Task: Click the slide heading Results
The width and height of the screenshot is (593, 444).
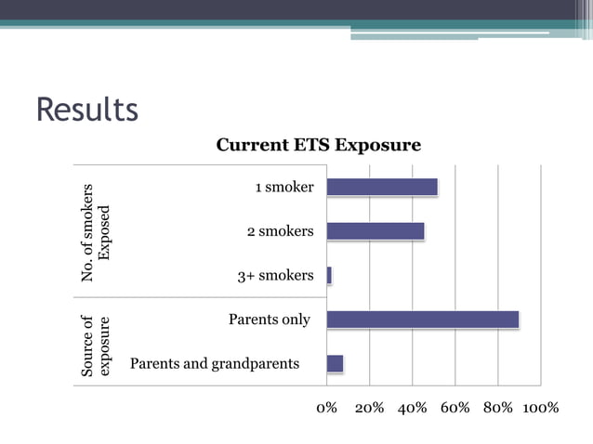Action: coord(86,109)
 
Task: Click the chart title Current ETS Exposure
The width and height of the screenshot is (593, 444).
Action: coord(318,145)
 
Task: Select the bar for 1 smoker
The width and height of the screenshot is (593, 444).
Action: coord(382,187)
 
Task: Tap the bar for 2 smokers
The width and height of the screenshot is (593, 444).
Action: coord(376,231)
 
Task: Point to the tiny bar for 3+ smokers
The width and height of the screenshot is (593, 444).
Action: coord(329,275)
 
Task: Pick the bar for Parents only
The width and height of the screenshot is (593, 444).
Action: coord(423,320)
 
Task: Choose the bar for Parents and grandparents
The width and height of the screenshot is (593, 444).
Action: coord(336,363)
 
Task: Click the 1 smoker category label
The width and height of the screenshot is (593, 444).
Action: coord(284,188)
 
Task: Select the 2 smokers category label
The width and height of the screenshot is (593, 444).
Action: coord(280,231)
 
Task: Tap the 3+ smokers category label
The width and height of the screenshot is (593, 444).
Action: coord(276,276)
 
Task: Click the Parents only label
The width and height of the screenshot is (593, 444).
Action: coord(270,320)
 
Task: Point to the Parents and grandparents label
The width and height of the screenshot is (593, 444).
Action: coord(215,363)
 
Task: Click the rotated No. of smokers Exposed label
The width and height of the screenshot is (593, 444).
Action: coord(96,232)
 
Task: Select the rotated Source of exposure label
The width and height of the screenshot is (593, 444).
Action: coord(96,346)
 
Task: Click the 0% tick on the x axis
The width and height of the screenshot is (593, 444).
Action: coord(327,408)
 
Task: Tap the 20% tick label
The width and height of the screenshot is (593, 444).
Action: coord(369,408)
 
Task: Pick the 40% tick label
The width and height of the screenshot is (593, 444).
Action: coord(412,408)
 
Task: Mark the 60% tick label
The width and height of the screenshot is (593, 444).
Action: coord(455,408)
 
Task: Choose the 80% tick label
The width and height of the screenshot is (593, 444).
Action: coord(497,408)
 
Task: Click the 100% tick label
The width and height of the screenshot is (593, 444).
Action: coord(540,408)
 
